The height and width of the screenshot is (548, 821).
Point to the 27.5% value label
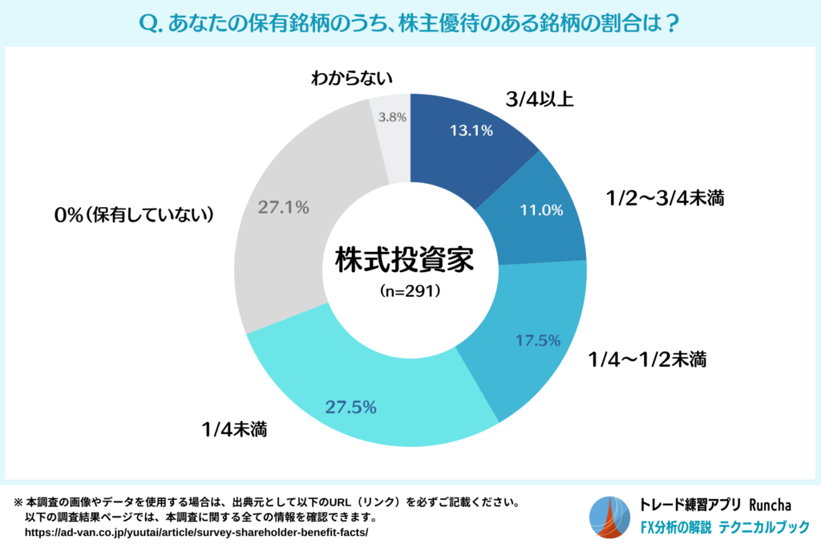351,407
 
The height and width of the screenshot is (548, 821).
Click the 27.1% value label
284,207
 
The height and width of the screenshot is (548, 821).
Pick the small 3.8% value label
392,116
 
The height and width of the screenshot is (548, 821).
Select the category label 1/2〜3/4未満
665,198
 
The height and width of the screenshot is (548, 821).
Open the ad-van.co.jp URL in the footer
196,533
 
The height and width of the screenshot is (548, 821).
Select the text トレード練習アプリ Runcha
716,505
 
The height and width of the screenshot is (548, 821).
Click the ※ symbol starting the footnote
18,503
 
